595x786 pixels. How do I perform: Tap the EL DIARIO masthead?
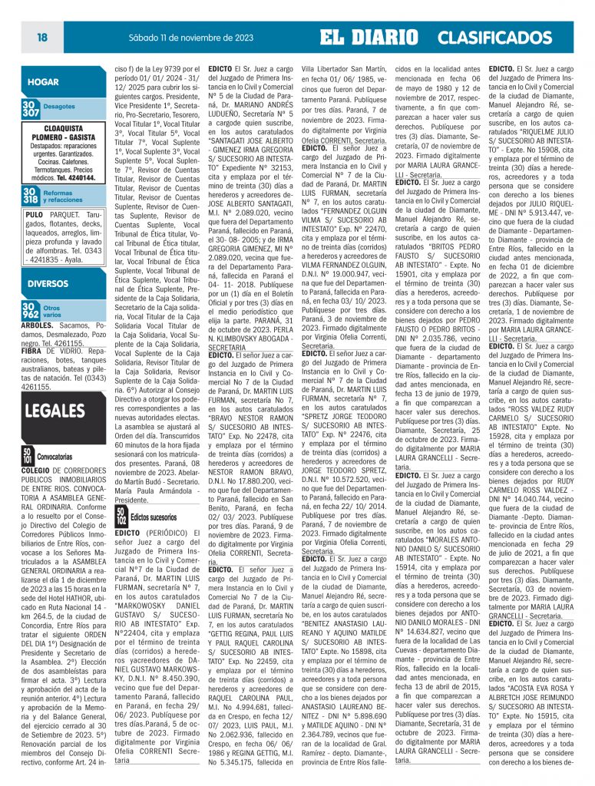click(x=369, y=38)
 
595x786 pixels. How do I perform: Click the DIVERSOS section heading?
click(x=48, y=283)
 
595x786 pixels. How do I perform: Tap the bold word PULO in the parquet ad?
click(x=33, y=215)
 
